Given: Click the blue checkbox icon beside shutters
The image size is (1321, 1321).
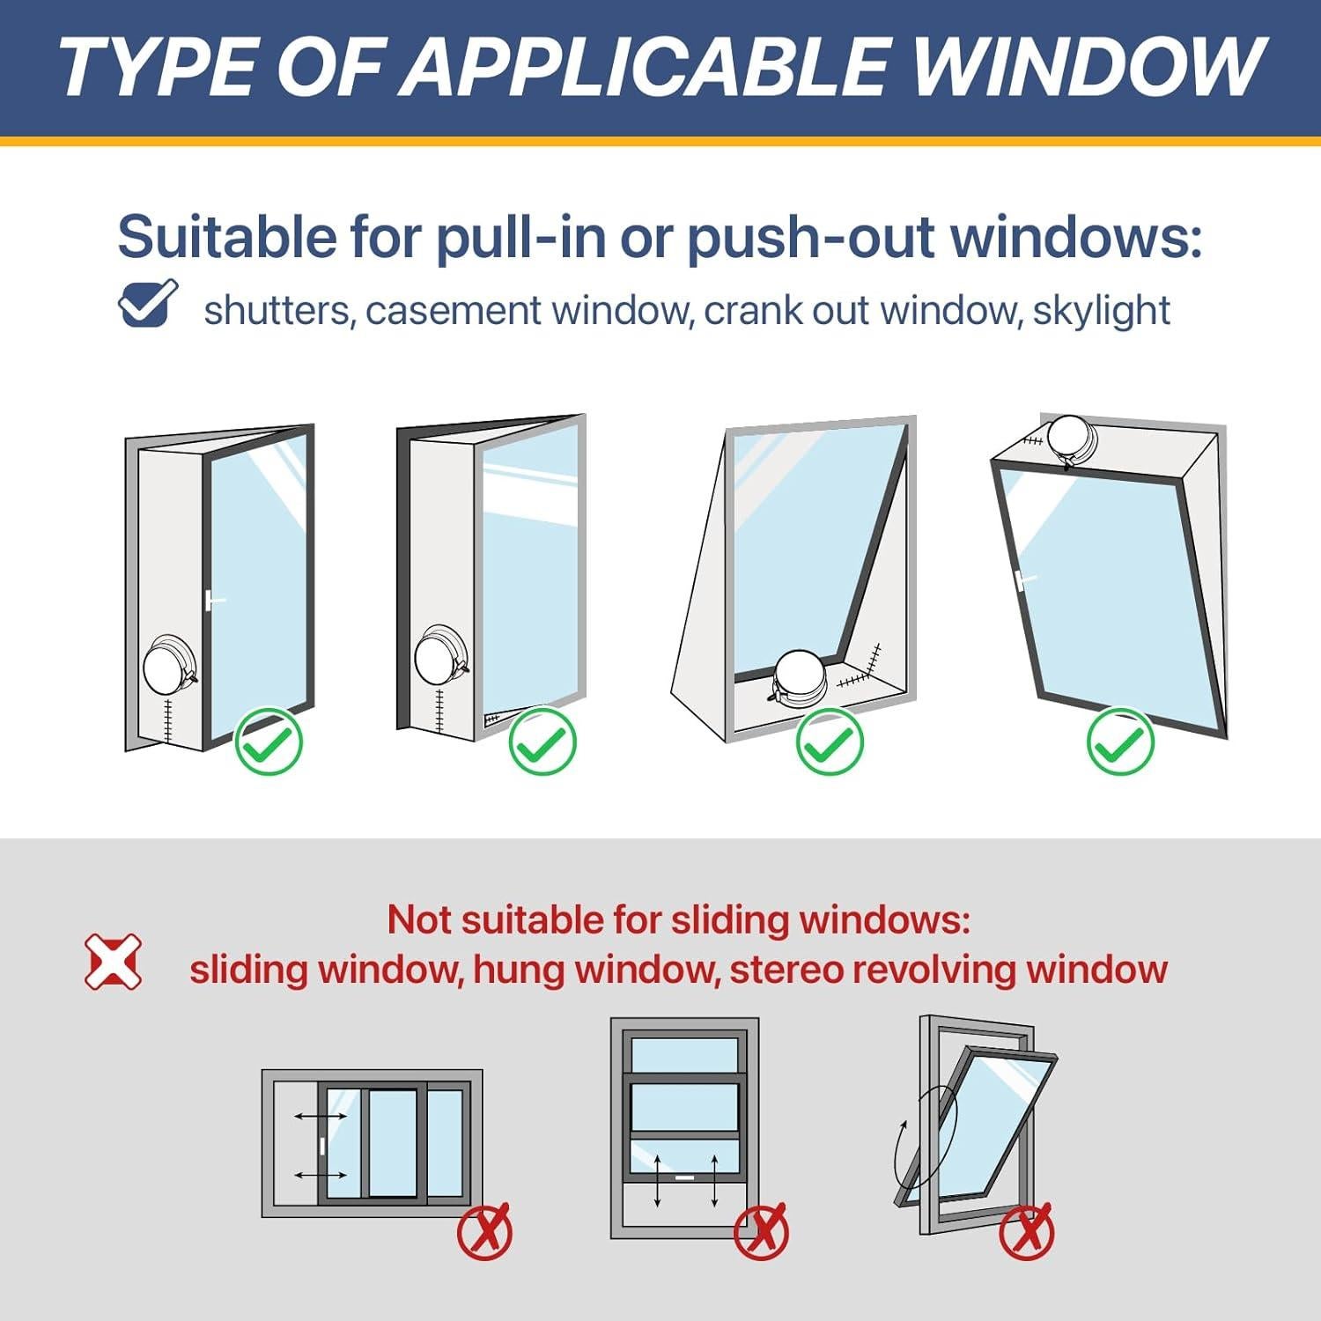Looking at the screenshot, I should pyautogui.click(x=147, y=304).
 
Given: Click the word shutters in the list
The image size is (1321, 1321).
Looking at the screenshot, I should pyautogui.click(x=277, y=311).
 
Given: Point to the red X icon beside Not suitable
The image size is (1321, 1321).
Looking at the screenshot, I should pyautogui.click(x=113, y=962).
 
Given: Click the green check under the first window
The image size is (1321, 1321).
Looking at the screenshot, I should pyautogui.click(x=269, y=742).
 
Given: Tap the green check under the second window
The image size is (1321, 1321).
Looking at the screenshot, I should pyautogui.click(x=542, y=742).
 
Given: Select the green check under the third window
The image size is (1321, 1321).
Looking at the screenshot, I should pyautogui.click(x=829, y=742).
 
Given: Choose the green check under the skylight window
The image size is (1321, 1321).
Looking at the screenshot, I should pyautogui.click(x=1120, y=742).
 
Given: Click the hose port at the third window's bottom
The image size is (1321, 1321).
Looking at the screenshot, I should pyautogui.click(x=800, y=676).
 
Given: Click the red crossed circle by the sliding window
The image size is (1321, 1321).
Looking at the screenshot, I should pyautogui.click(x=484, y=1232).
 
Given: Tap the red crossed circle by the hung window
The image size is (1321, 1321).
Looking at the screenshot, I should pyautogui.click(x=761, y=1232).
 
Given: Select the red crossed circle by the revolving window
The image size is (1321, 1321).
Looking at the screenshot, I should pyautogui.click(x=1027, y=1232).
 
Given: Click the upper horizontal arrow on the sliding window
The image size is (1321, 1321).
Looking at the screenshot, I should pyautogui.click(x=321, y=1116).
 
